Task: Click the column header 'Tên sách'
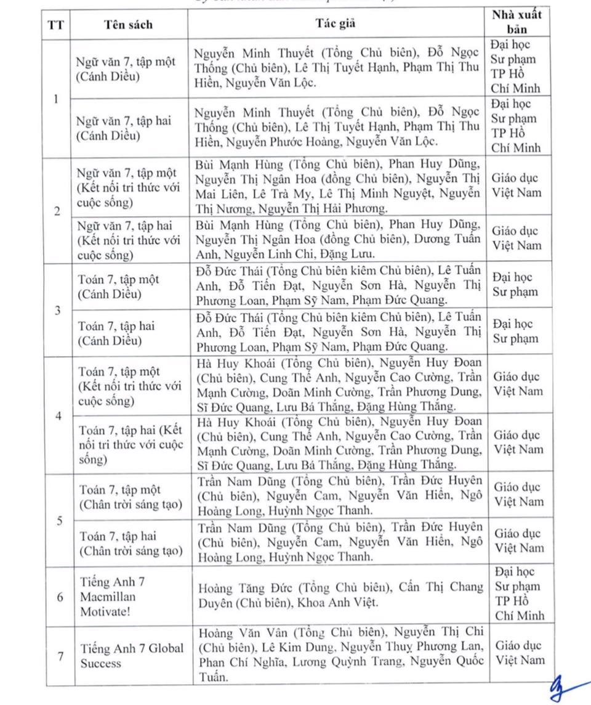click(x=128, y=25)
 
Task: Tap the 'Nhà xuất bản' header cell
click(x=517, y=22)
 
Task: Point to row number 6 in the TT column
click(x=60, y=597)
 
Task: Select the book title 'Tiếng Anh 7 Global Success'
click(x=132, y=656)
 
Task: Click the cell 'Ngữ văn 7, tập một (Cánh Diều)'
click(x=126, y=69)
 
